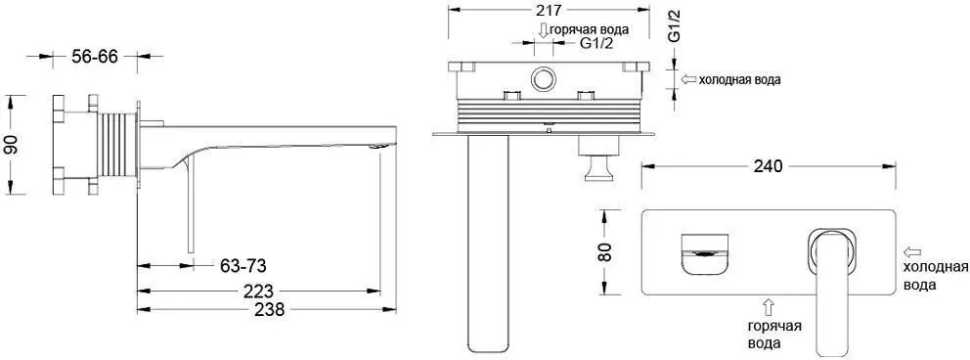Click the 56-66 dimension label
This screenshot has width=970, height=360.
coord(95,57)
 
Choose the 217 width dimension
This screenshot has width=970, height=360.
coord(548,11)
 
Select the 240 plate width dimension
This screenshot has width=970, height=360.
coord(768,166)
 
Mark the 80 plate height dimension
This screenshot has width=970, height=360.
coord(604,251)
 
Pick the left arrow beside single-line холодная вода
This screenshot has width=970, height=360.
coord(688,79)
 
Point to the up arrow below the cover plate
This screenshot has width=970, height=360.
coord(769,306)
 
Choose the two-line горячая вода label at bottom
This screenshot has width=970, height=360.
coord(769,335)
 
